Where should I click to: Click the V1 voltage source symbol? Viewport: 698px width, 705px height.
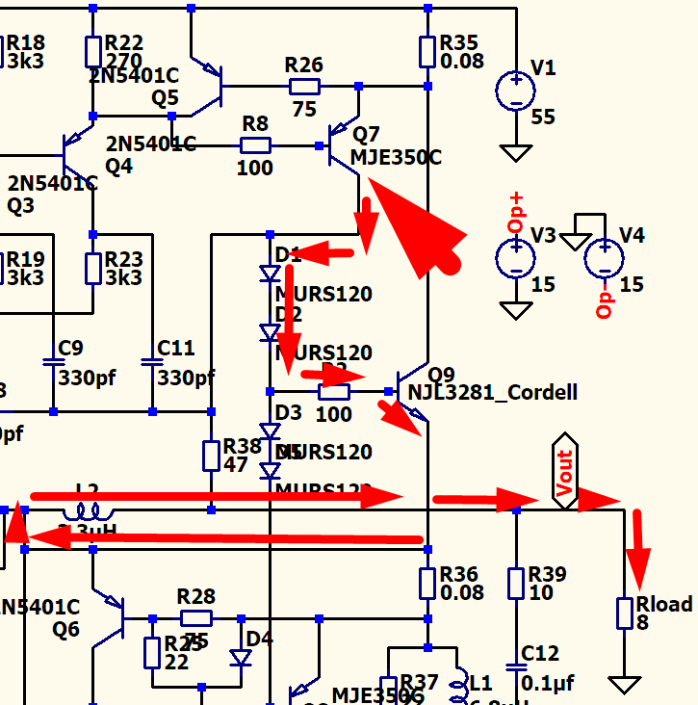[x=516, y=91]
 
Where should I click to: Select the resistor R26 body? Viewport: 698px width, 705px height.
[x=304, y=87]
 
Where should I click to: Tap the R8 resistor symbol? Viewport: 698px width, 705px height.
[x=255, y=145]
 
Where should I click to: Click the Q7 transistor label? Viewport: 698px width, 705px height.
[x=367, y=134]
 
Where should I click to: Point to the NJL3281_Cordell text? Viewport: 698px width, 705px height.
[x=493, y=392]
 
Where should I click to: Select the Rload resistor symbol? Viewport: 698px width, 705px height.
[x=625, y=613]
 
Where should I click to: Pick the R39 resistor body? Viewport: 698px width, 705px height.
[x=516, y=583]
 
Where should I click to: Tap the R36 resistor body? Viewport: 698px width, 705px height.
[x=428, y=583]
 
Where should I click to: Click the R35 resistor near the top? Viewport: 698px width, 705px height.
[x=428, y=50]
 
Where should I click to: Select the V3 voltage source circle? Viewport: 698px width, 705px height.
[x=516, y=258]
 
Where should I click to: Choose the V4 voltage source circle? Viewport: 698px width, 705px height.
[x=604, y=258]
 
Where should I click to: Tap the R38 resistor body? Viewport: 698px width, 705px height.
[x=212, y=456]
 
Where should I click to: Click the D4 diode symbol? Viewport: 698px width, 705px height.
[x=241, y=658]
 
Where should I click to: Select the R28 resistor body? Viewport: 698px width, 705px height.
[x=196, y=617]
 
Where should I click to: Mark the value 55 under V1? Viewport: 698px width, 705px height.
[x=544, y=117]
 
